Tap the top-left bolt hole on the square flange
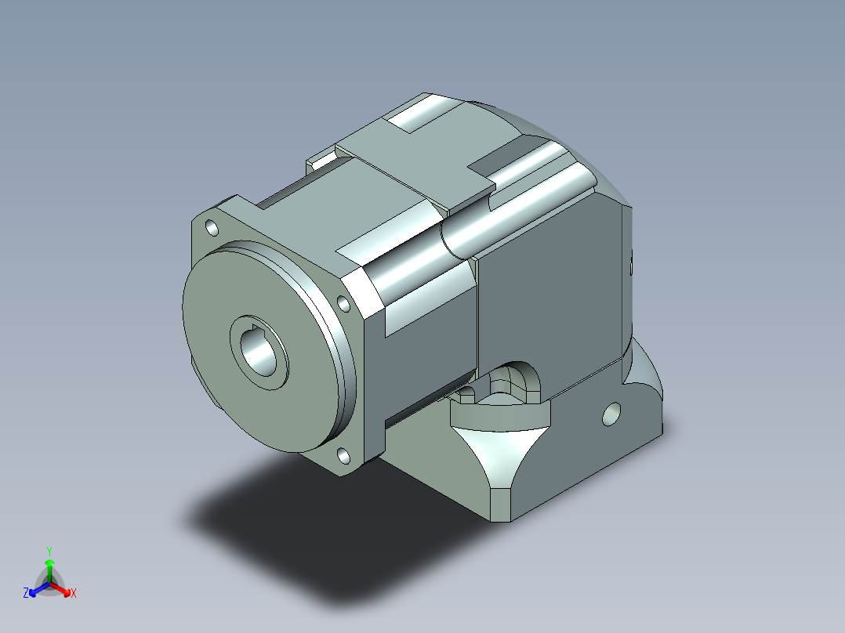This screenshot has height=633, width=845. click(x=212, y=229)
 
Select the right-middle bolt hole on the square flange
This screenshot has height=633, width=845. click(x=344, y=303)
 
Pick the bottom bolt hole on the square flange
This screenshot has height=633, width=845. click(x=343, y=456)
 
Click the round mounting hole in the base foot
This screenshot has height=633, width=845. click(x=611, y=414)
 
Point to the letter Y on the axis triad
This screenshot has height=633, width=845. click(x=49, y=551)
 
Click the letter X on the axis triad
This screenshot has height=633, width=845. click(x=74, y=593)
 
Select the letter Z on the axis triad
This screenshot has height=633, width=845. click(x=26, y=593)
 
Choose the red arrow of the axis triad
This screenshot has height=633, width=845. click(x=60, y=588)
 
